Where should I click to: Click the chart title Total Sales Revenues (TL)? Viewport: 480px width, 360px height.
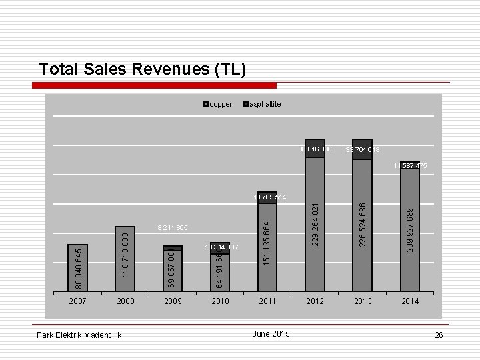(143, 69)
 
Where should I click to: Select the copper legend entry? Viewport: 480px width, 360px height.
(217, 105)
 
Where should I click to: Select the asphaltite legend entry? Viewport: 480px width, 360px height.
(264, 105)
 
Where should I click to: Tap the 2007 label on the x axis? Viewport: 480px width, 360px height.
(77, 301)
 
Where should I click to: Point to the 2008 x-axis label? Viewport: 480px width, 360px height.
(125, 301)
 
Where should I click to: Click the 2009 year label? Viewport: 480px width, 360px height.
(173, 301)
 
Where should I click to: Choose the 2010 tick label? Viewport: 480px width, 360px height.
(220, 301)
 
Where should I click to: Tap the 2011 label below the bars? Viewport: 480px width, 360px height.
(267, 301)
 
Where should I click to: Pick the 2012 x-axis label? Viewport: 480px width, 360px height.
(315, 301)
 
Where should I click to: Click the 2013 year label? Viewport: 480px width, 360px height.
(362, 301)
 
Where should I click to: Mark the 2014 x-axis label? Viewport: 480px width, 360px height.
(410, 301)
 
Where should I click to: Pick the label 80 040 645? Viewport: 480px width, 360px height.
(78, 268)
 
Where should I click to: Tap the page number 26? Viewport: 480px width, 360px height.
(438, 335)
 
